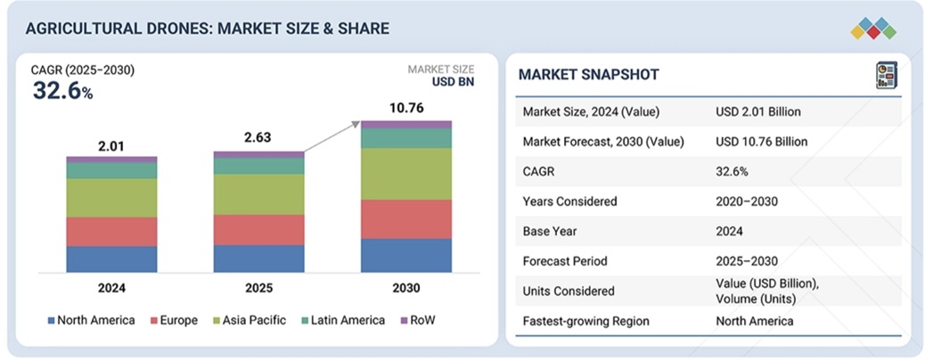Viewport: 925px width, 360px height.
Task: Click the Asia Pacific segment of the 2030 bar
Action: tap(405, 174)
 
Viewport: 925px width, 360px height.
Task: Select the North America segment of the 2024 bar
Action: tap(111, 259)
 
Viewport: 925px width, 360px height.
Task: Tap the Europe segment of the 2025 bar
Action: tap(258, 229)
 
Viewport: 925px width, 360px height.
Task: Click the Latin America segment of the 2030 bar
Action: tap(405, 138)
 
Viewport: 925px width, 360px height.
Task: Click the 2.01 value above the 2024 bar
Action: tap(111, 146)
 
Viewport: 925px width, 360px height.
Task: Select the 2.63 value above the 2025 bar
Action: tap(258, 138)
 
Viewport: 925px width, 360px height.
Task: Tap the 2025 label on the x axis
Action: tap(258, 289)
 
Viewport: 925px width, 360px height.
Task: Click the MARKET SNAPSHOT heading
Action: tap(589, 75)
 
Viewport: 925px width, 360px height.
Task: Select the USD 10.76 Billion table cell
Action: tap(761, 142)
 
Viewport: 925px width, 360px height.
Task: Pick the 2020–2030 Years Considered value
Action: tap(747, 201)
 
